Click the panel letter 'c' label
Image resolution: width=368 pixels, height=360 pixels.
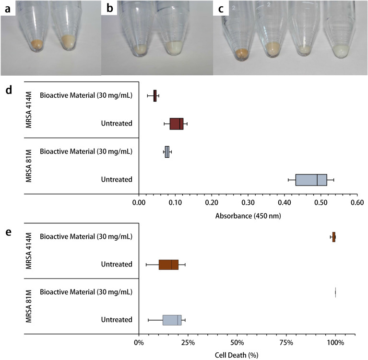click(221, 9)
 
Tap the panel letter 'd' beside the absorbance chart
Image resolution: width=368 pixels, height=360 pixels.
click(8, 90)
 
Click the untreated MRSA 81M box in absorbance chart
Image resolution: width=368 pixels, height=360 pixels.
click(311, 180)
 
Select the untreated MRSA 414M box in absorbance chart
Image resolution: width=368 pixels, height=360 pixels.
click(176, 124)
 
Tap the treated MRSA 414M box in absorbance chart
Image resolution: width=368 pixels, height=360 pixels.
click(155, 96)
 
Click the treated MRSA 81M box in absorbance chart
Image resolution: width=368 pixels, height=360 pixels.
click(167, 152)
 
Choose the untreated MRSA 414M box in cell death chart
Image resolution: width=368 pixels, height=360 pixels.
click(168, 265)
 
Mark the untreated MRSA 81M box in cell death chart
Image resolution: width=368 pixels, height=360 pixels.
click(172, 320)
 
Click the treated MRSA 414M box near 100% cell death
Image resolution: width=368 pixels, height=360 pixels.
click(334, 237)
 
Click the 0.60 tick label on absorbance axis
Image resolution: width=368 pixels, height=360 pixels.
click(356, 202)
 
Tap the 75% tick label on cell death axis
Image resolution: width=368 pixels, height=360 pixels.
click(286, 343)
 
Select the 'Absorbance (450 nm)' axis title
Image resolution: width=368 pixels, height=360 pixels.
click(248, 216)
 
